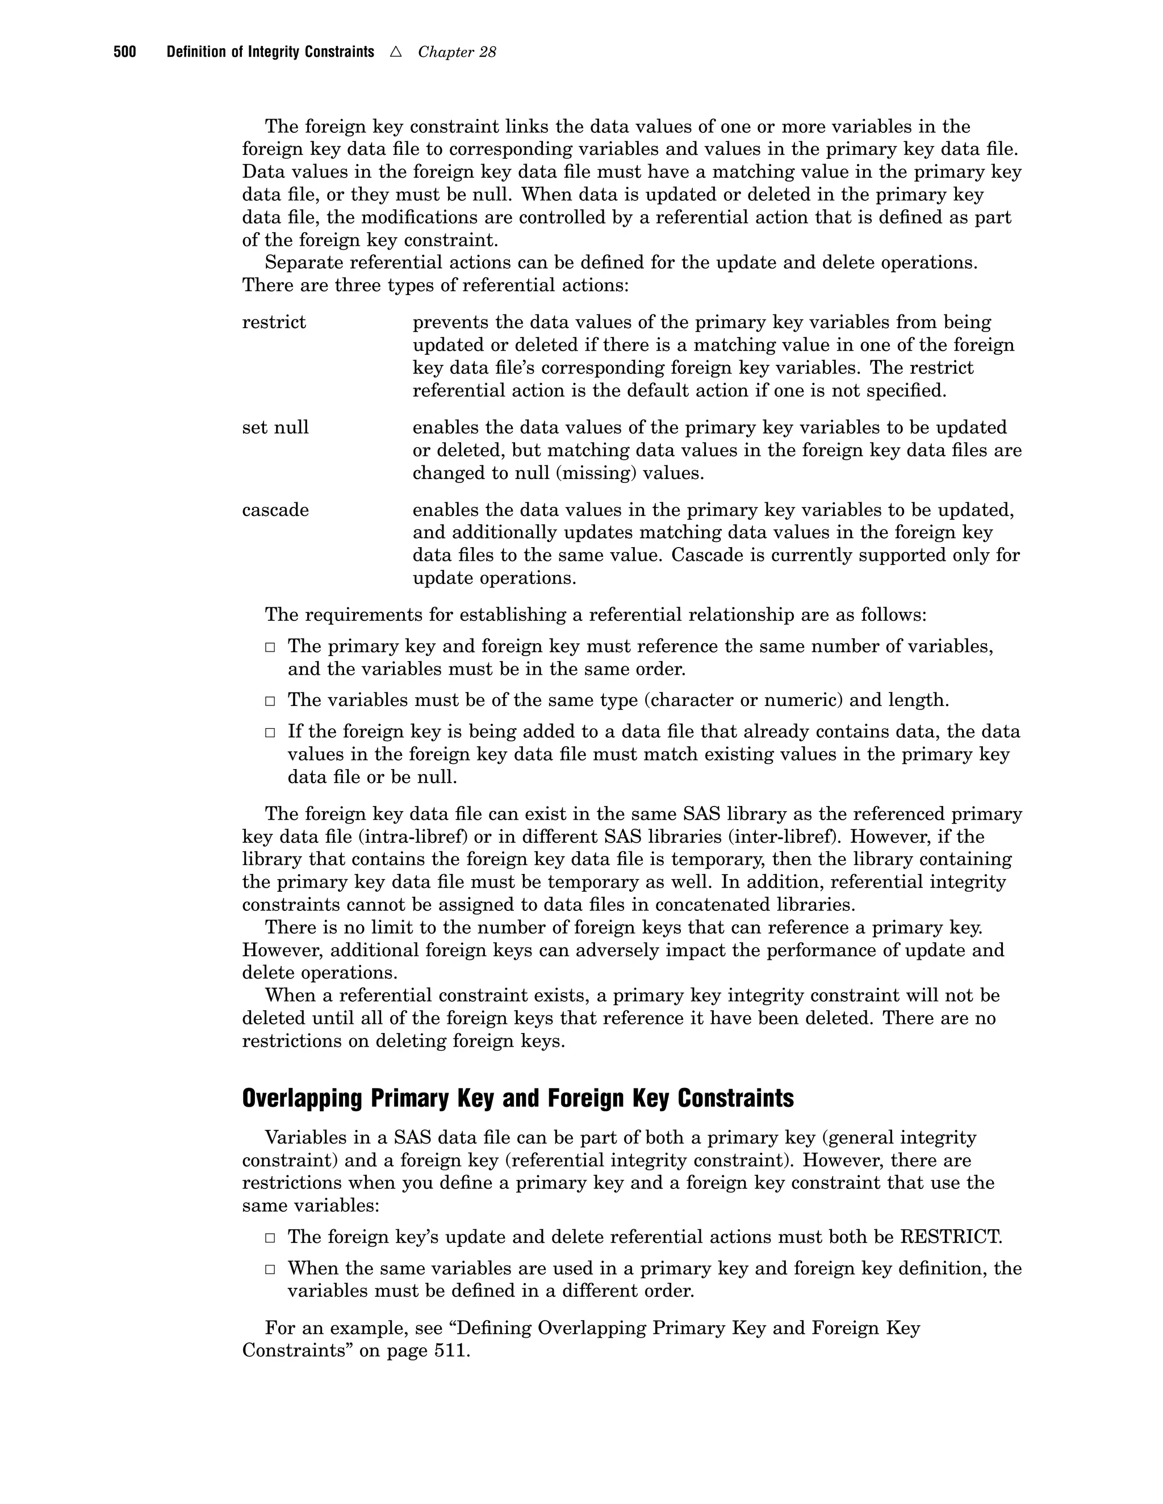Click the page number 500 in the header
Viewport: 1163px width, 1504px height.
125,52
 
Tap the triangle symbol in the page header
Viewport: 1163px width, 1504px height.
395,52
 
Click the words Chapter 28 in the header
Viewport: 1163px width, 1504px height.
457,52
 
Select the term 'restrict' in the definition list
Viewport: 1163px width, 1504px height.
274,322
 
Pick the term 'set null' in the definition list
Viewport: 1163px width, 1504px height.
275,428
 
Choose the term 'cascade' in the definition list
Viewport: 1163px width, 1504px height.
275,510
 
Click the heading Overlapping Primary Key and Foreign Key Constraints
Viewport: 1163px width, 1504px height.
517,1098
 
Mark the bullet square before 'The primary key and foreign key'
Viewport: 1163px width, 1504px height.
271,648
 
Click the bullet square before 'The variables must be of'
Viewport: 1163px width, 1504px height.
271,701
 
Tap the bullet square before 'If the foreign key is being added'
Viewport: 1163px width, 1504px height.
271,732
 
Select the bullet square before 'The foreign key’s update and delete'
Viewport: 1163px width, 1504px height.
271,1237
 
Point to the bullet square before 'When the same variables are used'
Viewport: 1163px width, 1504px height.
271,1268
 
